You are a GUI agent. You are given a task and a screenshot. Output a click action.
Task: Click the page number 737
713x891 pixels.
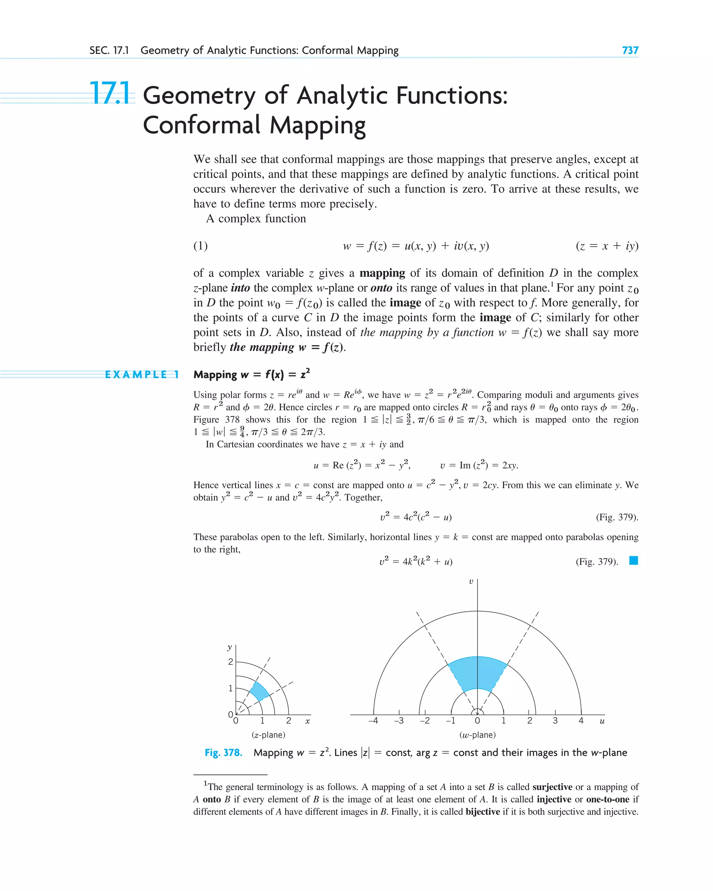[630, 50]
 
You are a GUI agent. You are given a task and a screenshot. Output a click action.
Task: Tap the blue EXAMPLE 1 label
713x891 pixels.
[142, 374]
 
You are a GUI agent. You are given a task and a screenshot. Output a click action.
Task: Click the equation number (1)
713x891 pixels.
[201, 246]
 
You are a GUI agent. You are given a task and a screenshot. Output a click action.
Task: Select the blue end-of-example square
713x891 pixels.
[633, 561]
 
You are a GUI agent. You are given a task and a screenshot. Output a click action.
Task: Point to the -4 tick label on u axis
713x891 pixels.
[373, 721]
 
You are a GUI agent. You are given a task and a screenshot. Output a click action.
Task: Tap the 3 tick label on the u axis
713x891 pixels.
[555, 721]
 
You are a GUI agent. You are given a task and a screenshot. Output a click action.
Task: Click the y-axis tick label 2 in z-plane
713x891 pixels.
[230, 662]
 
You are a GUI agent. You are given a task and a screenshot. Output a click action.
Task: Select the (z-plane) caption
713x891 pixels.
[268, 735]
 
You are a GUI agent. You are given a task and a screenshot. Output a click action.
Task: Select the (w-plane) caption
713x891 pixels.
[477, 735]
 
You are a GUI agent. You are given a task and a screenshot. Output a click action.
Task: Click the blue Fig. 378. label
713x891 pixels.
[223, 753]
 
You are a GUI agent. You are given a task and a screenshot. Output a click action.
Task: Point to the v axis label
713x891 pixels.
[471, 581]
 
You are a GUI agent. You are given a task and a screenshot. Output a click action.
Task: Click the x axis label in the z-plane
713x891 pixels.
[307, 721]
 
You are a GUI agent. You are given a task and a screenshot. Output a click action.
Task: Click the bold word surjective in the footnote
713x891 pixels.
[552, 787]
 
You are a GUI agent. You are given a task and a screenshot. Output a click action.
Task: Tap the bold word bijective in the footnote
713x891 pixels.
[483, 812]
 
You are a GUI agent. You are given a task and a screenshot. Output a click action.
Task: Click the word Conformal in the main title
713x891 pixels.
[202, 125]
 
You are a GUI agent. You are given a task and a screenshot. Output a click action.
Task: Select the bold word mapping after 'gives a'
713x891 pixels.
[382, 273]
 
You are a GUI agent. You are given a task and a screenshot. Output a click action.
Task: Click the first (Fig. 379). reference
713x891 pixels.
[617, 517]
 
